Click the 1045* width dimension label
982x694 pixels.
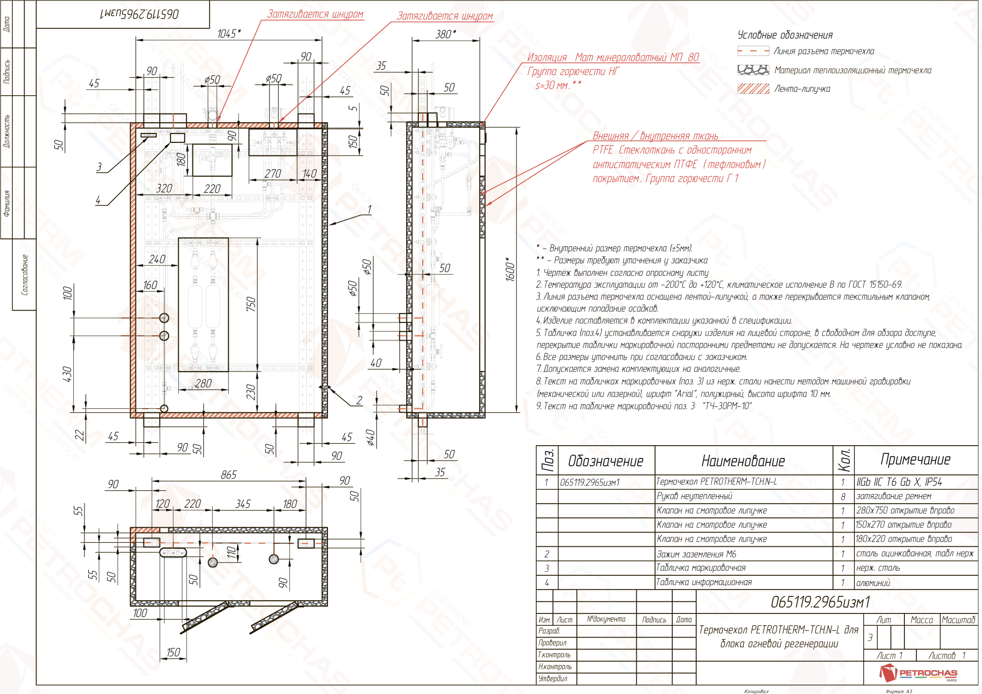pos(229,33)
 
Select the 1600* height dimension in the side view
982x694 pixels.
pos(510,269)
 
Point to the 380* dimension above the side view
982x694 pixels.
pos(445,34)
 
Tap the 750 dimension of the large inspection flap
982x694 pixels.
pos(251,304)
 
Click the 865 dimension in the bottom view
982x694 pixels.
pos(228,475)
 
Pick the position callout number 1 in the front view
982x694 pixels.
pos(369,210)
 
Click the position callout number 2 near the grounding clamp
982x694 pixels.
pos(359,400)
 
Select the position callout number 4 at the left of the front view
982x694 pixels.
pos(98,200)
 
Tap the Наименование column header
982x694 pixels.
pos(743,461)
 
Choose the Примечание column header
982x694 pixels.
pos(915,459)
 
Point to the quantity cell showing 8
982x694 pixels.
pos(843,497)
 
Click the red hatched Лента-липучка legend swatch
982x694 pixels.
pos(753,88)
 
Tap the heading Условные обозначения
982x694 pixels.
pos(785,35)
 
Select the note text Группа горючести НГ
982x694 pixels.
pos(573,72)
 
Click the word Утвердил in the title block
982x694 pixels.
pos(552,679)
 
